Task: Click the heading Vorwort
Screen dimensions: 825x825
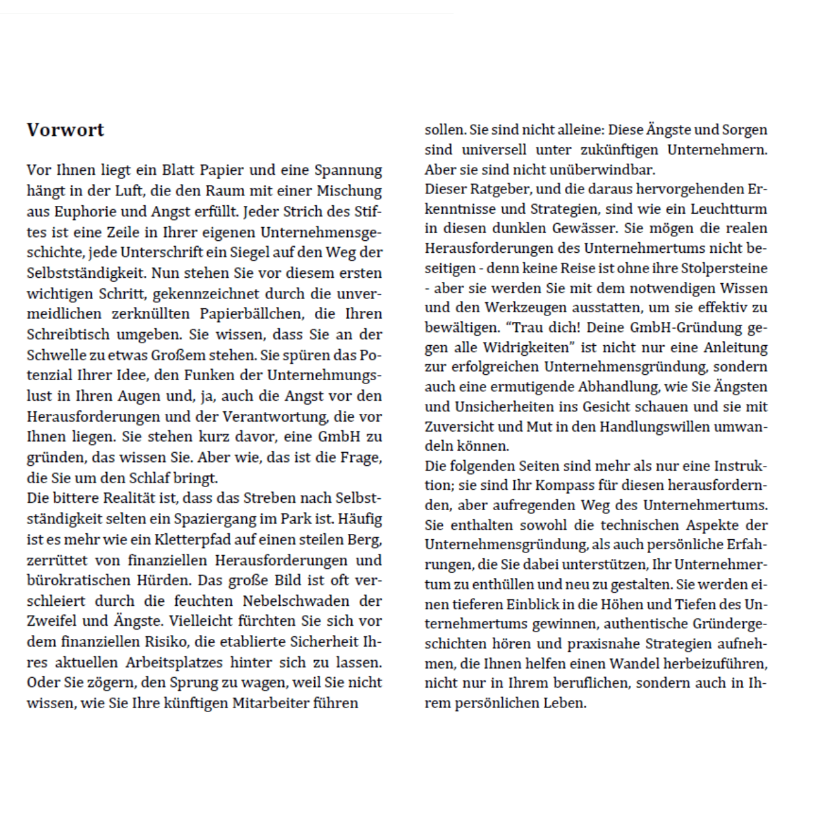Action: click(65, 129)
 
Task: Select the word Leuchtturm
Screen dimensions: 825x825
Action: click(729, 209)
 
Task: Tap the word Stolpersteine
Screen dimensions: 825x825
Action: click(724, 269)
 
